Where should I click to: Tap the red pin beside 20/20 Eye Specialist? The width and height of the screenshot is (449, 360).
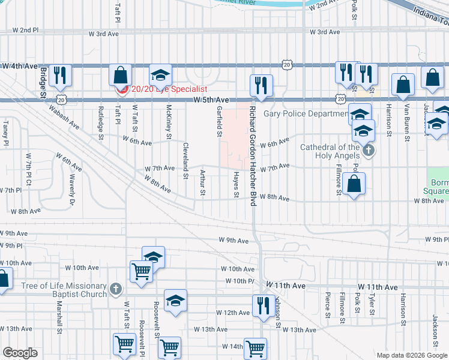[x=122, y=89]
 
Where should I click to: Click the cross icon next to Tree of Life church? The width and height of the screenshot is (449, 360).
[x=116, y=290]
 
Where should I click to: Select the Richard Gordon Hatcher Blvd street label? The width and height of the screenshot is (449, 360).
[x=253, y=157]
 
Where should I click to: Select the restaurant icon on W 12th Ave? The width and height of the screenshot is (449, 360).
[x=263, y=307]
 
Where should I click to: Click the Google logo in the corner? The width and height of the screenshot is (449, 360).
[x=20, y=353]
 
